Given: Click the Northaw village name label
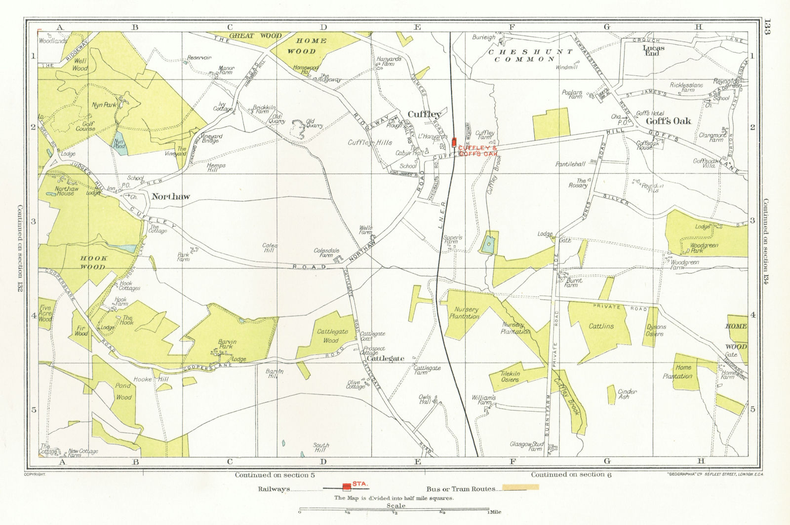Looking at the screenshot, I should tap(170, 196).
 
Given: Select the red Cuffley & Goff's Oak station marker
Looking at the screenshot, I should tap(454, 143).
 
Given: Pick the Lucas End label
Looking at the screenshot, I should tap(654, 51).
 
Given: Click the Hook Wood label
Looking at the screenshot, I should tap(93, 262).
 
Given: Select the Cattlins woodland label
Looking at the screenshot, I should tap(601, 326).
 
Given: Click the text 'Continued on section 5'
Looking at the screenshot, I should tap(275, 475).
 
